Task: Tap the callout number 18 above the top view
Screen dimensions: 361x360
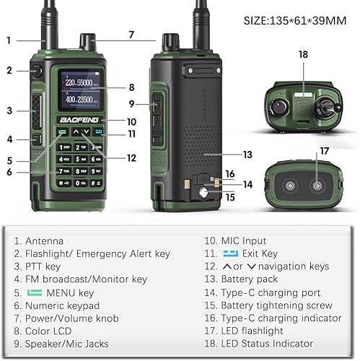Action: [303, 54]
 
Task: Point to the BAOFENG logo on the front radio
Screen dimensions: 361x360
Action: [81, 121]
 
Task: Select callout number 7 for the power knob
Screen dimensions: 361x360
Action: [131, 34]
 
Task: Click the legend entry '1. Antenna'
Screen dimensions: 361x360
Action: [43, 241]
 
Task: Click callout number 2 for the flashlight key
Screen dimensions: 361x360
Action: [9, 70]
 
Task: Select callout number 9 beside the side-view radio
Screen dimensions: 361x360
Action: [131, 103]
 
